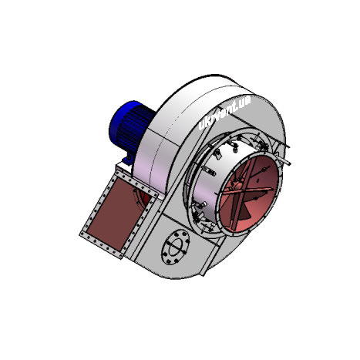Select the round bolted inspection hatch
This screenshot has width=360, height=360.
(x=177, y=247)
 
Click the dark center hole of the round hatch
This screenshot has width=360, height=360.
(x=177, y=247)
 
